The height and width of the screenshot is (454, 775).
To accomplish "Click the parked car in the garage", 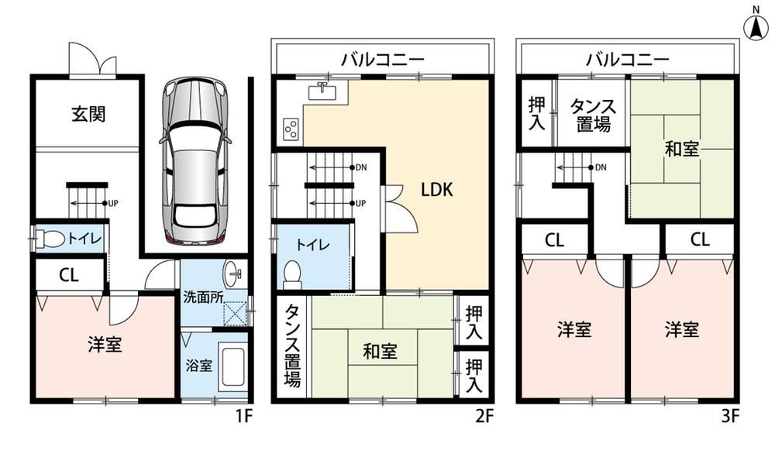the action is coord(195,161).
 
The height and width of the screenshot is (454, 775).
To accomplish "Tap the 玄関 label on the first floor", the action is coord(88,114).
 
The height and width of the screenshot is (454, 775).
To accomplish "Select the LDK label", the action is coord(437,189).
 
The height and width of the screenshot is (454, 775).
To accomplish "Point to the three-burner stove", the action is coord(290,129).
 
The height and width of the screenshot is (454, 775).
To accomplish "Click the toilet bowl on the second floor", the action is coord(293,275).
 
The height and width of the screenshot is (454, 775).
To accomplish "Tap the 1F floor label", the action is coord(243,416).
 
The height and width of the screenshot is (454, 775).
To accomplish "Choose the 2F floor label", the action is coord(484,416).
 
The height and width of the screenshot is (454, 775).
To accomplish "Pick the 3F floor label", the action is coord(729,416).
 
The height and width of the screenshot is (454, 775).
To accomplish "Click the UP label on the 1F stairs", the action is coord(113,203).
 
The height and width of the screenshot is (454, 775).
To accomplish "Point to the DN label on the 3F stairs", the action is coord(601,167).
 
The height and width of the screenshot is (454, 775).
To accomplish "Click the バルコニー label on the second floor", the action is coord(383,60).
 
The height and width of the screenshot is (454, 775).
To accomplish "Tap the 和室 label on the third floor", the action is coord(681,149).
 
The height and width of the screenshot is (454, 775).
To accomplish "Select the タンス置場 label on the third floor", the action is coord(593,115).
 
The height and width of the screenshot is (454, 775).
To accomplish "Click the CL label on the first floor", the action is coord(69,275).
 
